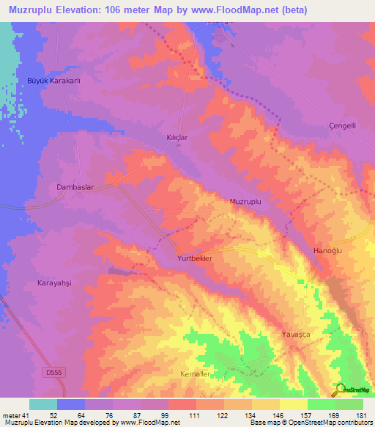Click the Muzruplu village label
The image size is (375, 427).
coord(245,201)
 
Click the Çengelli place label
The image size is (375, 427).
coord(342,125)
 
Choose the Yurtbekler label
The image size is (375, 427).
coord(195,260)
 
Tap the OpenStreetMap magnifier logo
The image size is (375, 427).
coord(340,389)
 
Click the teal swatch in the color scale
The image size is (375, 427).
coord(43,404)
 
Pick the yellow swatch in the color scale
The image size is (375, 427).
coord(294,404)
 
